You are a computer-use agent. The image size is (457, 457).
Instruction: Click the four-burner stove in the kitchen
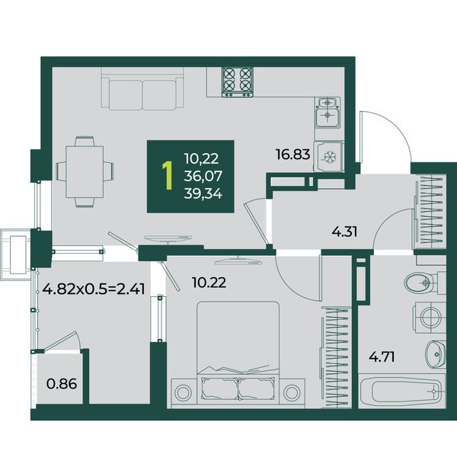pyautogui.click(x=237, y=82)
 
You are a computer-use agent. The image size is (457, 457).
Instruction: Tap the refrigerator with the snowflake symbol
pyautogui.click(x=329, y=156)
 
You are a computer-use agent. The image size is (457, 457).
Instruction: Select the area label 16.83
pyautogui.click(x=292, y=154)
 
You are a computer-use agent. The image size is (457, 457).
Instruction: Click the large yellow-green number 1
pyautogui.click(x=168, y=176)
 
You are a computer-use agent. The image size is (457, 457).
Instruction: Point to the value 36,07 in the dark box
pyautogui.click(x=203, y=176)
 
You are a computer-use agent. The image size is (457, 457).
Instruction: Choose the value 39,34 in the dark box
pyautogui.click(x=203, y=193)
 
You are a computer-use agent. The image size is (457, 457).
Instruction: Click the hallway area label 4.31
pyautogui.click(x=344, y=232)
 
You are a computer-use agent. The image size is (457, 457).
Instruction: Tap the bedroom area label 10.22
pyautogui.click(x=209, y=283)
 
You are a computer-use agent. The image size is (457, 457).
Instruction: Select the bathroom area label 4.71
pyautogui.click(x=382, y=356)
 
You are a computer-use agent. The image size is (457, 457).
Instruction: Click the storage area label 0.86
pyautogui.click(x=62, y=384)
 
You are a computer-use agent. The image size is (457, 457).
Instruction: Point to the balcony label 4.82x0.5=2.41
pyautogui.click(x=94, y=289)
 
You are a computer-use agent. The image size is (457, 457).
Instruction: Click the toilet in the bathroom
pyautogui.click(x=425, y=282)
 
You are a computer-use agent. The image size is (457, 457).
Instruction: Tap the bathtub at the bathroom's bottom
pyautogui.click(x=402, y=391)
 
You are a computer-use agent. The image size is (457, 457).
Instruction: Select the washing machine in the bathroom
pyautogui.click(x=430, y=317)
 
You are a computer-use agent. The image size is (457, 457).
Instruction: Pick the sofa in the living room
pyautogui.click(x=142, y=88)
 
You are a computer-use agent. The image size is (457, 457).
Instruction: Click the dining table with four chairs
pyautogui.click(x=85, y=171)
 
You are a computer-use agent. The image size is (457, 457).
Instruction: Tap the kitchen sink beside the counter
pyautogui.click(x=328, y=113)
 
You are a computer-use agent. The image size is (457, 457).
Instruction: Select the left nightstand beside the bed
pyautogui.click(x=184, y=392)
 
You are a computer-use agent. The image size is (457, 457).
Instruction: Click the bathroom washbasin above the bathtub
pyautogui.click(x=436, y=353)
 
